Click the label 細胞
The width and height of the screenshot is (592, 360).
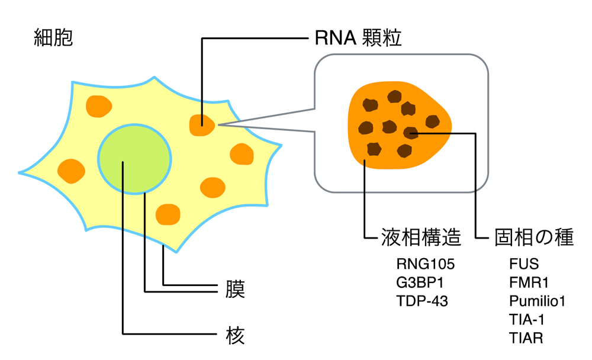click(x=54, y=38)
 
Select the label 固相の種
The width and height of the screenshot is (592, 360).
click(x=533, y=237)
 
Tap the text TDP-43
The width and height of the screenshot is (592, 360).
click(x=422, y=301)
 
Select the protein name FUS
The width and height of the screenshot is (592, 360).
click(x=524, y=263)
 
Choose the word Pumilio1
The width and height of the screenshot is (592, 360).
click(x=538, y=301)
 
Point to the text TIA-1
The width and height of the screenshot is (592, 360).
click(x=526, y=320)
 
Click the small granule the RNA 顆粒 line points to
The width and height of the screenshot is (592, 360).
click(x=202, y=125)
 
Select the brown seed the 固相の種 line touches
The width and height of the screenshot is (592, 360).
click(x=410, y=133)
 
